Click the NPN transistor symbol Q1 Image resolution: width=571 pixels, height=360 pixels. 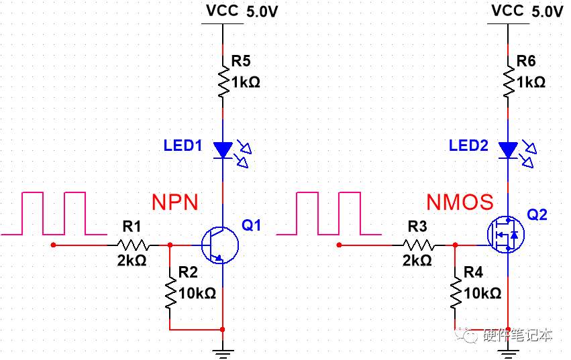coord(220,245)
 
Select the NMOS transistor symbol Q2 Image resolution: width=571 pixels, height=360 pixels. coord(506,235)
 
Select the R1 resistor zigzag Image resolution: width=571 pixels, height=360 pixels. coord(134,245)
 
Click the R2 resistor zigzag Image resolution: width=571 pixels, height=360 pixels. coord(170,294)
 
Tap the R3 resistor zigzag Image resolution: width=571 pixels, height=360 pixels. coord(419,245)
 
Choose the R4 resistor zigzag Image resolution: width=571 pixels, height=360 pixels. coord(456,294)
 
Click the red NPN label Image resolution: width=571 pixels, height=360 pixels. coord(175,202)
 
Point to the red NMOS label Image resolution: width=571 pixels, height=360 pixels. coord(460,202)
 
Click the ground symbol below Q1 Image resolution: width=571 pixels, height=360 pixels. coord(223,353)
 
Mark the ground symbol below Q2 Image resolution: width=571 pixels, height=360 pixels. coord(508,353)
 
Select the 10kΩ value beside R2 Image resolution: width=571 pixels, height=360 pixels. coord(197,293)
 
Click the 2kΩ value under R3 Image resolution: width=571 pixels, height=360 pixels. coord(417,261)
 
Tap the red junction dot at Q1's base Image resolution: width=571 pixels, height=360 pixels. coord(170,245)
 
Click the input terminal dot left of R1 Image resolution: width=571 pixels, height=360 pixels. coord(54,245)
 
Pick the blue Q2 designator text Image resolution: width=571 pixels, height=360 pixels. coord(537,215)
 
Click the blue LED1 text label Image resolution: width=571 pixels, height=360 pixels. coord(183,145)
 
